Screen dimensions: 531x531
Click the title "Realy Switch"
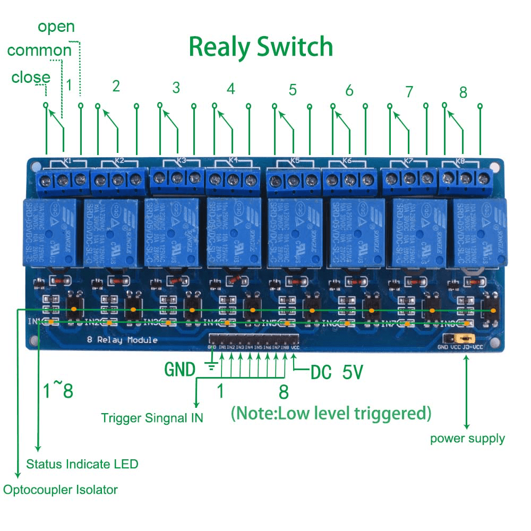pos(261,47)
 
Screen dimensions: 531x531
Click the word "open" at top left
pos(56,27)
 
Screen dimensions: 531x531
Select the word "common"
pos(39,50)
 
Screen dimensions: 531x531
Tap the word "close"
pos(31,78)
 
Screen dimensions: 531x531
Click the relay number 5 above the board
pos(293,90)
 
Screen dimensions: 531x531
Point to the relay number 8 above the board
pos(463,92)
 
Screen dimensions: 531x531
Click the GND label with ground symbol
pos(181,369)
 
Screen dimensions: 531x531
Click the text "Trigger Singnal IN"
pos(152,418)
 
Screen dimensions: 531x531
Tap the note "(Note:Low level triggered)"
pos(331,413)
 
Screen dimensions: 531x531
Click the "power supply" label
pos(467,439)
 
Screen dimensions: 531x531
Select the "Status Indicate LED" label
pos(82,464)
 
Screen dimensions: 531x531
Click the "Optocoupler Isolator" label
pos(61,490)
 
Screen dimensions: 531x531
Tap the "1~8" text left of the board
pos(58,391)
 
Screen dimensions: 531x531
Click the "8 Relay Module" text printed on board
pos(122,340)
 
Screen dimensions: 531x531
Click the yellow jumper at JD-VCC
pos(467,338)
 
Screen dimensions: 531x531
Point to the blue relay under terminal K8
pos(476,232)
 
